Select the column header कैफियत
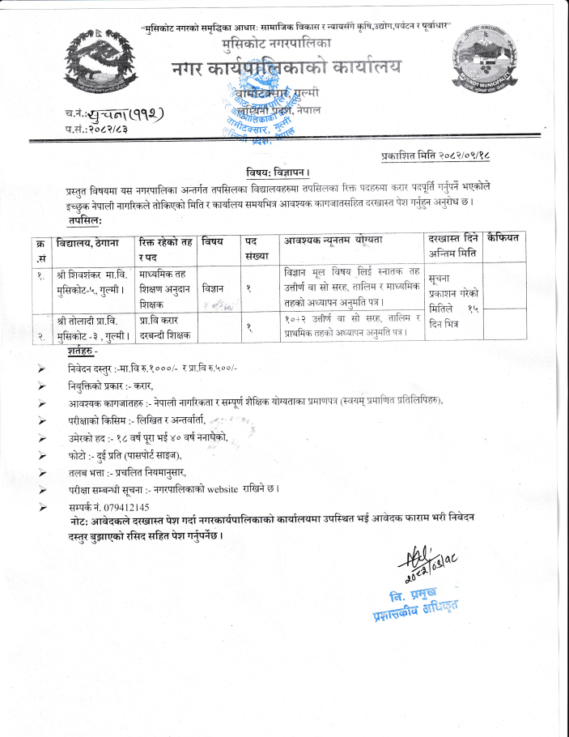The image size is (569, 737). tap(508, 238)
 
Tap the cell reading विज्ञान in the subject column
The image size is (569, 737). tap(212, 288)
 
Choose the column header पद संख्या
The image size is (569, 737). tap(257, 247)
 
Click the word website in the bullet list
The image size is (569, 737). tap(228, 490)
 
